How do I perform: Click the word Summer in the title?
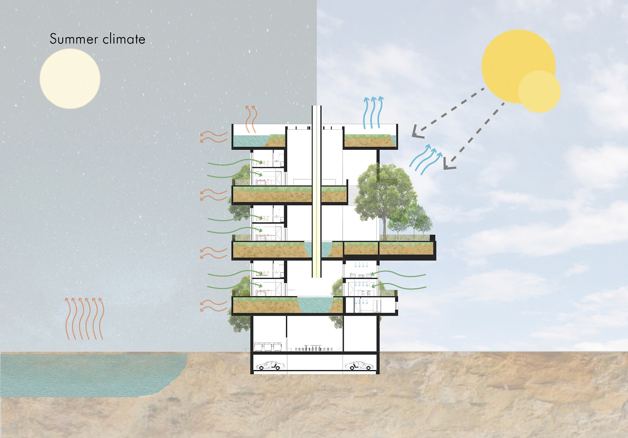(x=74, y=39)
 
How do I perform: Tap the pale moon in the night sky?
(x=70, y=79)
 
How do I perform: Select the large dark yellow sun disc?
(x=510, y=59)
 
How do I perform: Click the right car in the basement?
(x=359, y=366)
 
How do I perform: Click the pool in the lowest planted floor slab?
(x=315, y=304)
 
